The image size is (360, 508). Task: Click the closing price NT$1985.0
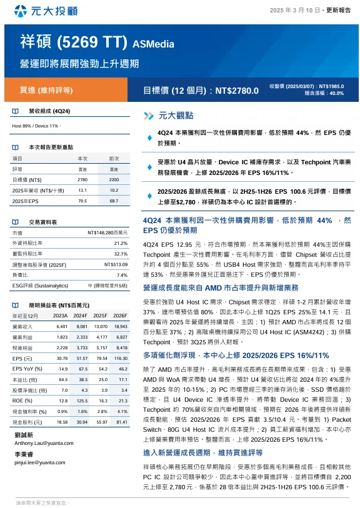point(331,86)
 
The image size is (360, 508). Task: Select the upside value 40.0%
point(336,93)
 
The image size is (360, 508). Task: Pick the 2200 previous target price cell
point(114,179)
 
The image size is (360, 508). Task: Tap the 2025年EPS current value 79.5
point(82,201)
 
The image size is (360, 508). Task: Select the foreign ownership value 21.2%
point(121,243)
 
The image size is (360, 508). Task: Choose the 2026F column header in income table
point(119,316)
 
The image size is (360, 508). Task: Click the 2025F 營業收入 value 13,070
point(100,326)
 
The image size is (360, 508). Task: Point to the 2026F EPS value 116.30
point(119,358)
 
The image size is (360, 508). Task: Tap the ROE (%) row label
point(22,401)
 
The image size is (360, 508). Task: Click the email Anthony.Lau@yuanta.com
point(39,442)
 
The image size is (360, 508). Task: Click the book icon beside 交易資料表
point(15,222)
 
